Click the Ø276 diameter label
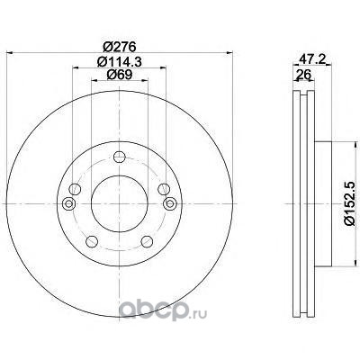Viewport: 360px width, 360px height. (x=120, y=47)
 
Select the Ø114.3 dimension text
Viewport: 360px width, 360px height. (x=120, y=62)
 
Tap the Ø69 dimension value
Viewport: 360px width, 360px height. (x=120, y=75)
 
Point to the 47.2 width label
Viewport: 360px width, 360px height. (x=313, y=59)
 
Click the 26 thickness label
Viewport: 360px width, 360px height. (x=302, y=74)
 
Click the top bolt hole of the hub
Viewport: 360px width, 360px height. (x=120, y=157)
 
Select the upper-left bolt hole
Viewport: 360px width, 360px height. (x=75, y=189)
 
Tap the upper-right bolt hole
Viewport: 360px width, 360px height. (x=164, y=189)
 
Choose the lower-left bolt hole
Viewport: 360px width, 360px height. (x=92, y=241)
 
